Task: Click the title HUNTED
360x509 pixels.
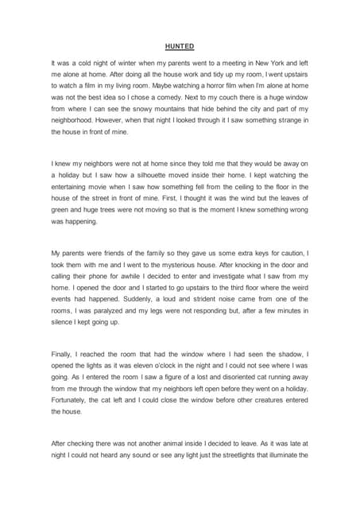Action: coord(180,46)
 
